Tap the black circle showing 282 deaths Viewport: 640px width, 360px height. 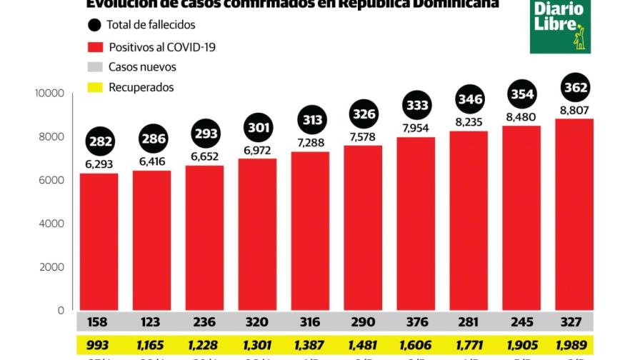point(100,141)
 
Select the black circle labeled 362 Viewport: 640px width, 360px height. point(575,89)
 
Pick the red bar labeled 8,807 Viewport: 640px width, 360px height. point(574,214)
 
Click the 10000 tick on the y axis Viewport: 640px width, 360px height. point(50,94)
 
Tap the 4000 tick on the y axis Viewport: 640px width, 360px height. point(51,224)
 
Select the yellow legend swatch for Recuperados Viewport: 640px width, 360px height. point(95,88)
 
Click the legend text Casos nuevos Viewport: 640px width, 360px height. point(142,67)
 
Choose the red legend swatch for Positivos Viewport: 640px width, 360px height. point(95,47)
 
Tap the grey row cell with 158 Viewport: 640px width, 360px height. point(99,322)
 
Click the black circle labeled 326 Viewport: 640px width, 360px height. point(364,114)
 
